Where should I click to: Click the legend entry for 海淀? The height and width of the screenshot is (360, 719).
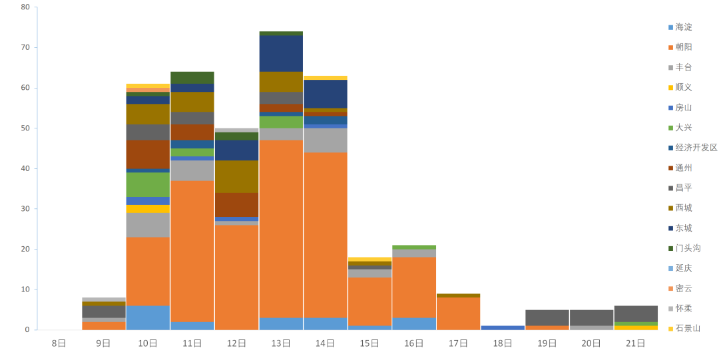[x=683, y=27]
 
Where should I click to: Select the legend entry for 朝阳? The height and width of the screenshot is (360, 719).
[x=683, y=47]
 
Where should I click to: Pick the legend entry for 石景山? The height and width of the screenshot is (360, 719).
[x=687, y=328]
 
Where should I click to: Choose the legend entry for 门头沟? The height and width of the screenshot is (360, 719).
[x=687, y=248]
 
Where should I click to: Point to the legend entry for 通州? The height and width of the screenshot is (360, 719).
[x=683, y=168]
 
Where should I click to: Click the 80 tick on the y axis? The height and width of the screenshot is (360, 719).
[x=25, y=7]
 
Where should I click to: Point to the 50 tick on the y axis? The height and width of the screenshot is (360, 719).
[x=25, y=128]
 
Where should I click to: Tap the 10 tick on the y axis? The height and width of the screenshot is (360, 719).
[x=25, y=289]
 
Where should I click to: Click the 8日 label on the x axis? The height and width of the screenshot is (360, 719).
[x=59, y=343]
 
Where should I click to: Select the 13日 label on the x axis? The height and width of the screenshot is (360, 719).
[x=281, y=343]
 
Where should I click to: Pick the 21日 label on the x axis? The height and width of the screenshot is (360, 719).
[x=636, y=343]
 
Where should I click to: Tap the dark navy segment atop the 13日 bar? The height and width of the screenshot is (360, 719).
[x=281, y=54]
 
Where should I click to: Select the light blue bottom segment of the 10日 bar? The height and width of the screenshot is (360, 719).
[x=148, y=317]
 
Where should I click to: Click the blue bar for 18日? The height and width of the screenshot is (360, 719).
[x=503, y=327]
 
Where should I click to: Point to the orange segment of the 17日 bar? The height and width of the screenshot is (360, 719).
[x=458, y=313]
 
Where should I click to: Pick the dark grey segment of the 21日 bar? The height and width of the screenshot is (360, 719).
[x=636, y=313]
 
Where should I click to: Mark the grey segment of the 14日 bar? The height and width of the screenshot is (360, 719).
[x=325, y=140]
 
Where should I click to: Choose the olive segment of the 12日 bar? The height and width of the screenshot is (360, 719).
[x=236, y=176]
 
